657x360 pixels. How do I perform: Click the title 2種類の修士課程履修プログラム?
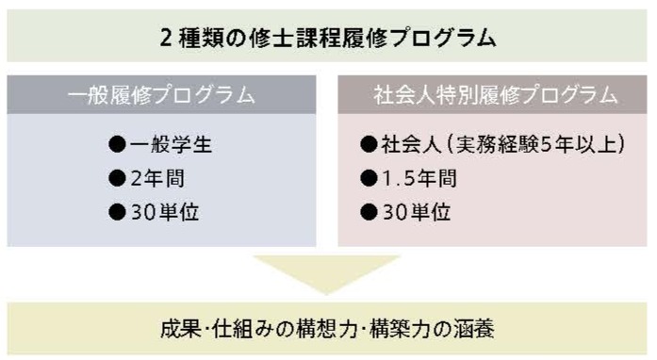coord(327,38)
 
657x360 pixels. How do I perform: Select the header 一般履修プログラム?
coord(162,95)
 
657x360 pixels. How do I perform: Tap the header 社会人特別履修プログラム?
coord(493,95)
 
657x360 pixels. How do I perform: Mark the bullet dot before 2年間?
coord(117,178)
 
